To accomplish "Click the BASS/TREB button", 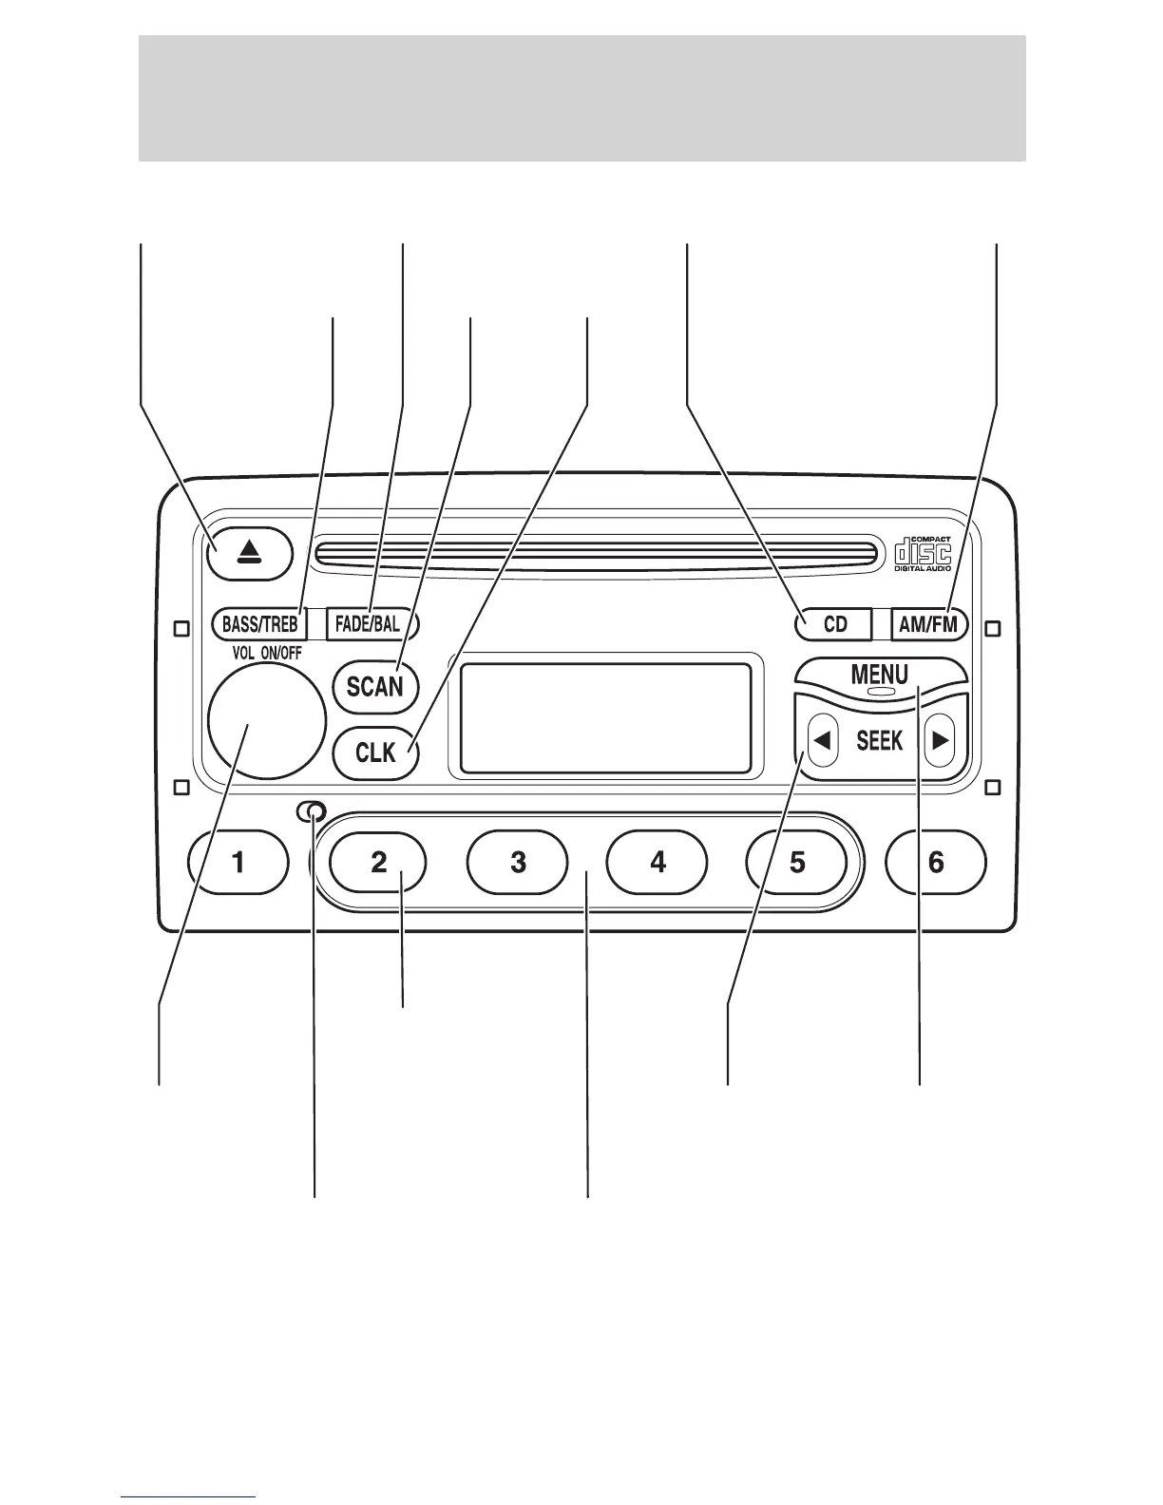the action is pos(259,624).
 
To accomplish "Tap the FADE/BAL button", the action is pos(370,624).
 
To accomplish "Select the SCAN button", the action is pos(375,685).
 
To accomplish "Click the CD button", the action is pos(833,624).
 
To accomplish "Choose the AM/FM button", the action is pos(929,624).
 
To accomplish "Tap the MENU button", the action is pos(880,674).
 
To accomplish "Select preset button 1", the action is pos(239,862).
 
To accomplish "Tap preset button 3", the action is pos(518,862).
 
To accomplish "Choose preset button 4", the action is pos(658,862).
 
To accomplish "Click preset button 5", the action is pos(797,862).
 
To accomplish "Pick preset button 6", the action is pos(936,862).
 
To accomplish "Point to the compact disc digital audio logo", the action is pos(923,555).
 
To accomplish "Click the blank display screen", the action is pos(605,718).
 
